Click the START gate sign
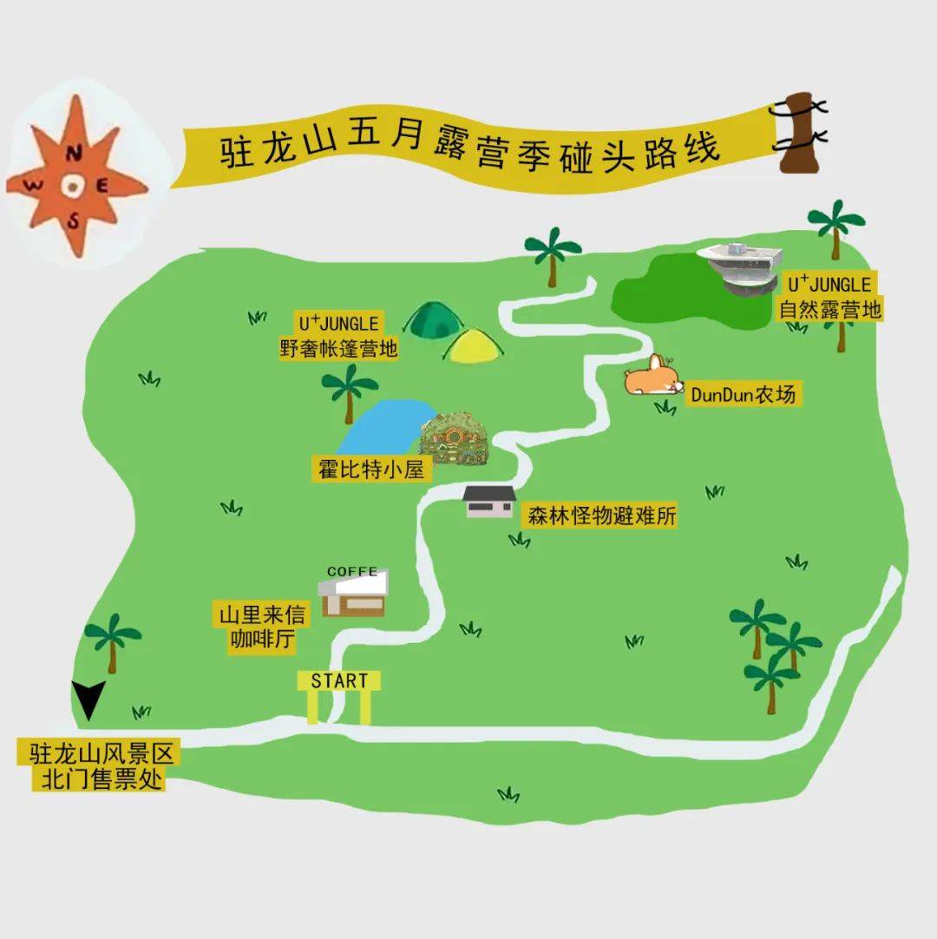[x=339, y=681]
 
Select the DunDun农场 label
[x=743, y=395]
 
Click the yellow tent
[x=474, y=346]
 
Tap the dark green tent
[x=436, y=321]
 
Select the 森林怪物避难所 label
[x=600, y=516]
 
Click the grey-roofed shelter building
[x=489, y=502]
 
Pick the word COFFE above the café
[x=352, y=572]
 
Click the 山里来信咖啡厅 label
[x=262, y=628]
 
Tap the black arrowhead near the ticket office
[x=88, y=699]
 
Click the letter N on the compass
[x=75, y=154]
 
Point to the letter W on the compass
[x=36, y=185]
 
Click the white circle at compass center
[x=73, y=185]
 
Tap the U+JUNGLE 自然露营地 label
[x=829, y=296]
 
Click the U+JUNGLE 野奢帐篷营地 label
[x=339, y=337]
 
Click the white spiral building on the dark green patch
[x=741, y=267]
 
